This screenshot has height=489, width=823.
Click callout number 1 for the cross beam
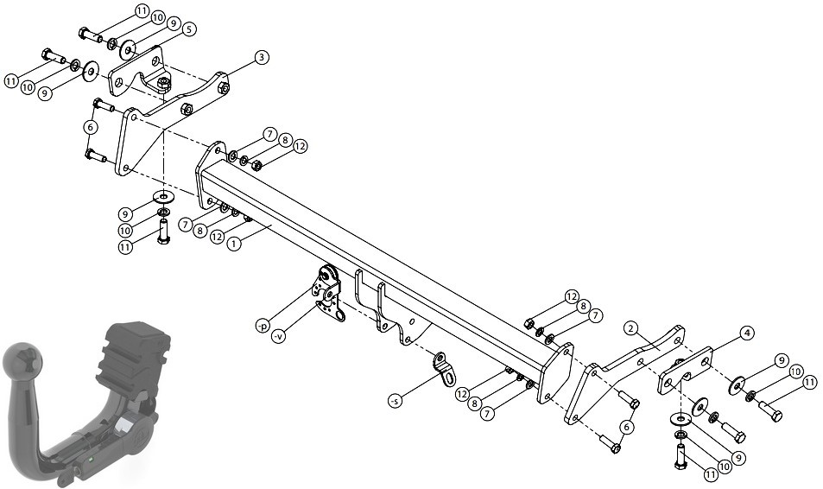235,244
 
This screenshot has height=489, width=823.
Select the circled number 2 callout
631,329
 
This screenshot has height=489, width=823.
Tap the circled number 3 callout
262,58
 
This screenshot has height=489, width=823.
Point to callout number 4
747,333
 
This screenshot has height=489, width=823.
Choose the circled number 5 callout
189,29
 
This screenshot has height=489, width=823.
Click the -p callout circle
263,327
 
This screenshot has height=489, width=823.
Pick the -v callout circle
279,337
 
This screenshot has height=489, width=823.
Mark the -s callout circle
396,401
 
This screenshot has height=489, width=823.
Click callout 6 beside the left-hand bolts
91,127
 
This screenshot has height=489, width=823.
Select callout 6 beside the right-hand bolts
626,428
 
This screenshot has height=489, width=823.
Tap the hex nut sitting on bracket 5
164,82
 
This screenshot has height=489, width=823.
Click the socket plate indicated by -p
327,282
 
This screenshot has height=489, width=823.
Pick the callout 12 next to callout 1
218,238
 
